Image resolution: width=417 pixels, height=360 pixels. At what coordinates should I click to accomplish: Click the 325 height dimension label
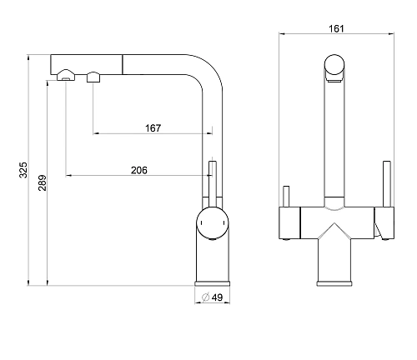point(23,170)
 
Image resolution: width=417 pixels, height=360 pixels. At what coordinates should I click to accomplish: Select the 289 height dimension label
point(43,182)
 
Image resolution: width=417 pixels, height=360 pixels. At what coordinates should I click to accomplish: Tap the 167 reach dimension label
point(153,128)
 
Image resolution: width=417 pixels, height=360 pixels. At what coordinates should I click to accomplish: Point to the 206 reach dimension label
point(139,170)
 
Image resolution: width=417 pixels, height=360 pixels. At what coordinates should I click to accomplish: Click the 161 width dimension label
point(336,28)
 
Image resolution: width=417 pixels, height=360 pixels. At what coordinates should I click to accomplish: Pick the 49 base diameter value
point(217,297)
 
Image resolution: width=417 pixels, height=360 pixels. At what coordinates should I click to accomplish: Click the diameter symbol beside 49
point(205,297)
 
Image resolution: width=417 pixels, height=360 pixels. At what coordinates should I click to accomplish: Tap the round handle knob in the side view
point(213,222)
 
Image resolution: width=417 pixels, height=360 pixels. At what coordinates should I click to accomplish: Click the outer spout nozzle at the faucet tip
point(66,75)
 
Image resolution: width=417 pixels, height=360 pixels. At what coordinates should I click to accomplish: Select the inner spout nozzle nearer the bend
point(93,77)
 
